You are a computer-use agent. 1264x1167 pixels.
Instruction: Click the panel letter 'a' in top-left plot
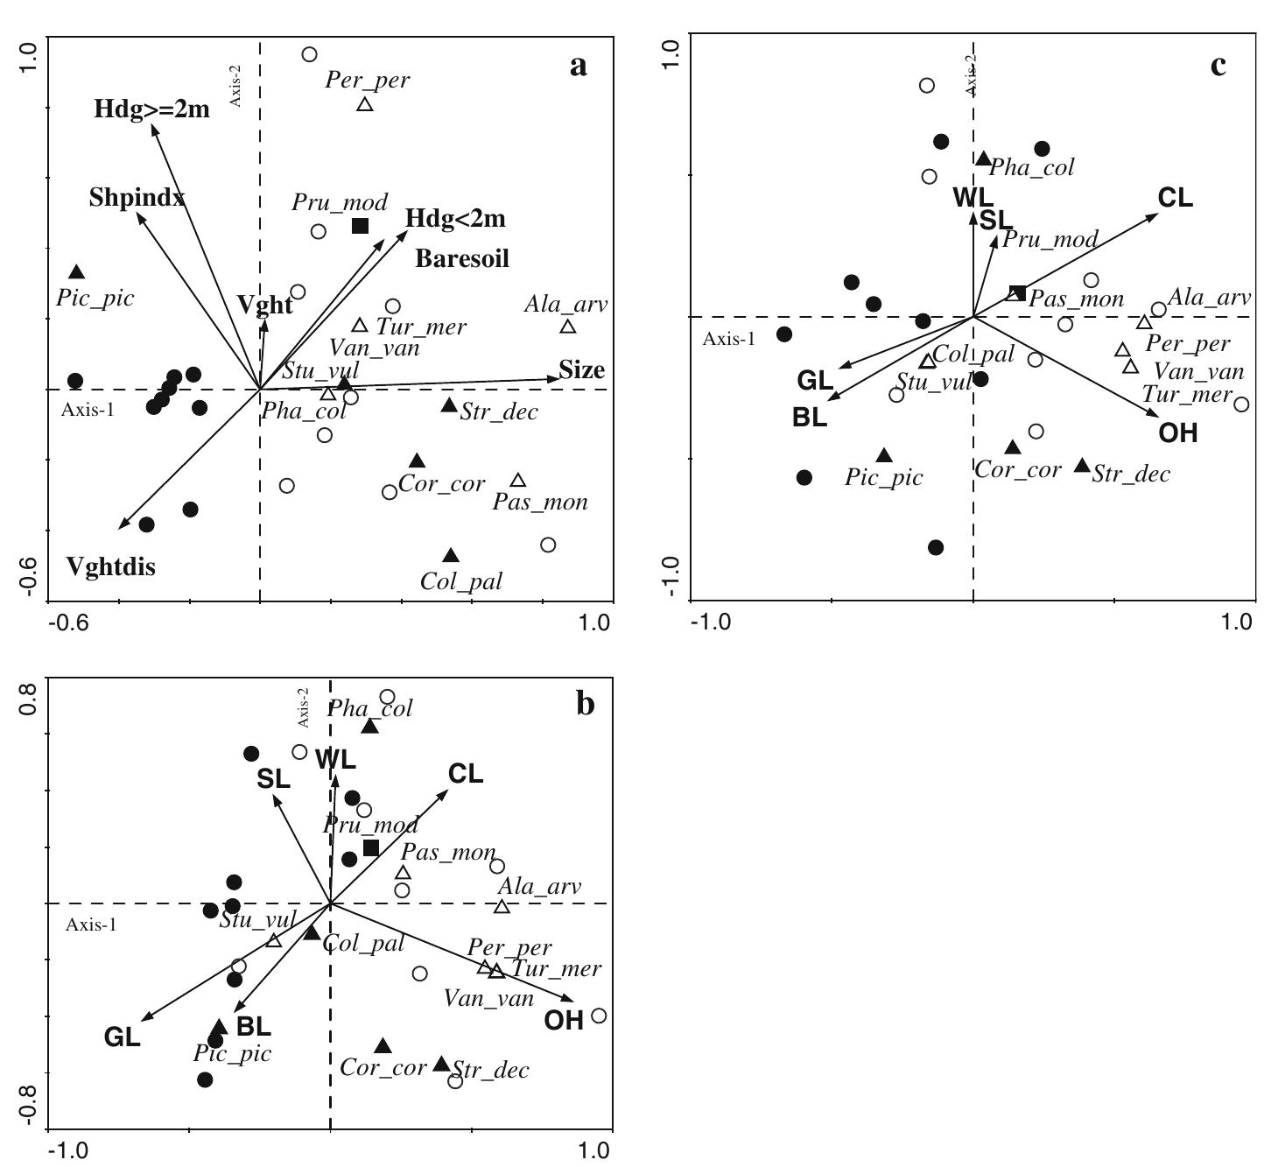pos(578,66)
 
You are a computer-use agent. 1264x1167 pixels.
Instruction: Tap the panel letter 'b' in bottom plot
pos(586,705)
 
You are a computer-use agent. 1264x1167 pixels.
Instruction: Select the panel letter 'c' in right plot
pos(1218,66)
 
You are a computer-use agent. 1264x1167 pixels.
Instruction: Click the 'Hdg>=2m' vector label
pos(152,109)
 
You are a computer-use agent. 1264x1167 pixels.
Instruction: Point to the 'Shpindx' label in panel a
pos(137,198)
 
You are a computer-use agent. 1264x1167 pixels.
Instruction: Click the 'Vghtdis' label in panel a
pos(111,566)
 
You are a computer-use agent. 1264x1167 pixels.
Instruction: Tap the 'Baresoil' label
pos(462,258)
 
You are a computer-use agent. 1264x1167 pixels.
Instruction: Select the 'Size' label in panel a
pos(582,370)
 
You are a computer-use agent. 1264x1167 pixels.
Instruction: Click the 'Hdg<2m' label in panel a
pos(455,219)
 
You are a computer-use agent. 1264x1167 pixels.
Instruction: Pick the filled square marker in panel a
pos(360,226)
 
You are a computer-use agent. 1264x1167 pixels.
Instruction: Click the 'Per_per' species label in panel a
pos(368,81)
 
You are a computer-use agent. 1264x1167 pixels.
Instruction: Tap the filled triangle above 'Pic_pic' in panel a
pos(77,272)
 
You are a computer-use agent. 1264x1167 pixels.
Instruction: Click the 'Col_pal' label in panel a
pos(461,580)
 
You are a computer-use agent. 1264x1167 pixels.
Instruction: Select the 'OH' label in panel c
pos(1177,433)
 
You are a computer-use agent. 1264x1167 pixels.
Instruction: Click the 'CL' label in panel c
pos(1176,198)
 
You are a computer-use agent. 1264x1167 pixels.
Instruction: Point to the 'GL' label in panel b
pos(122,1037)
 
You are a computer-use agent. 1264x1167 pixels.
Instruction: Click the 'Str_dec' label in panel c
pos(1131,475)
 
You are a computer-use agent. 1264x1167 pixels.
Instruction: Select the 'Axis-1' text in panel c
pos(728,338)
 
